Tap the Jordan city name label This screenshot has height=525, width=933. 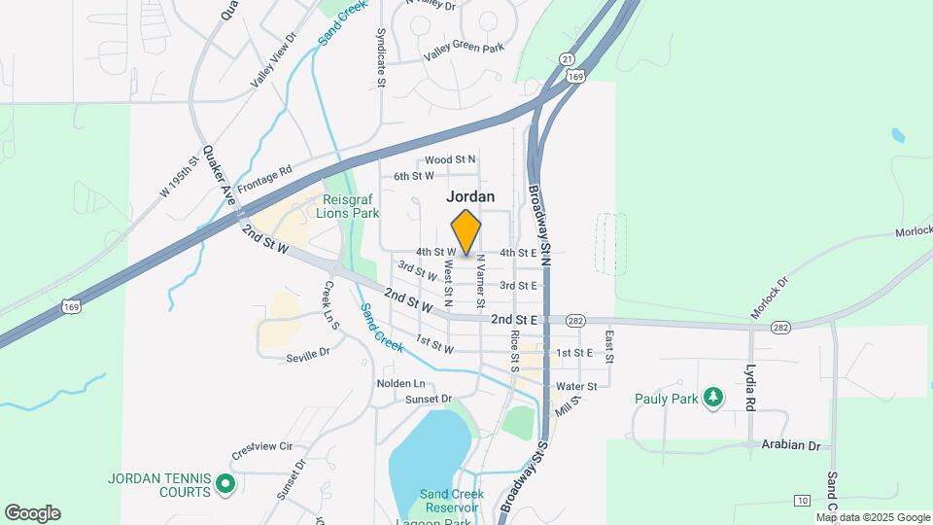(470, 195)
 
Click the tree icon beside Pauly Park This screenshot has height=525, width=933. (714, 397)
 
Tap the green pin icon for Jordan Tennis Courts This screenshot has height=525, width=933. (225, 483)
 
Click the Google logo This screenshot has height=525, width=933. (32, 513)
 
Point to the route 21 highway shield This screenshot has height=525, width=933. (567, 59)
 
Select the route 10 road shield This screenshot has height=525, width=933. (801, 500)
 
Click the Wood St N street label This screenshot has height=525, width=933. (450, 158)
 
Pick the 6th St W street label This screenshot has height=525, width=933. (413, 176)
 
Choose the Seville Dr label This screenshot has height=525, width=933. (308, 357)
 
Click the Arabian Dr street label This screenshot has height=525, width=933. (793, 445)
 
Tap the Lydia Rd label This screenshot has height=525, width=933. (750, 388)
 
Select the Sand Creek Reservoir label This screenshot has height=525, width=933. (452, 501)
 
